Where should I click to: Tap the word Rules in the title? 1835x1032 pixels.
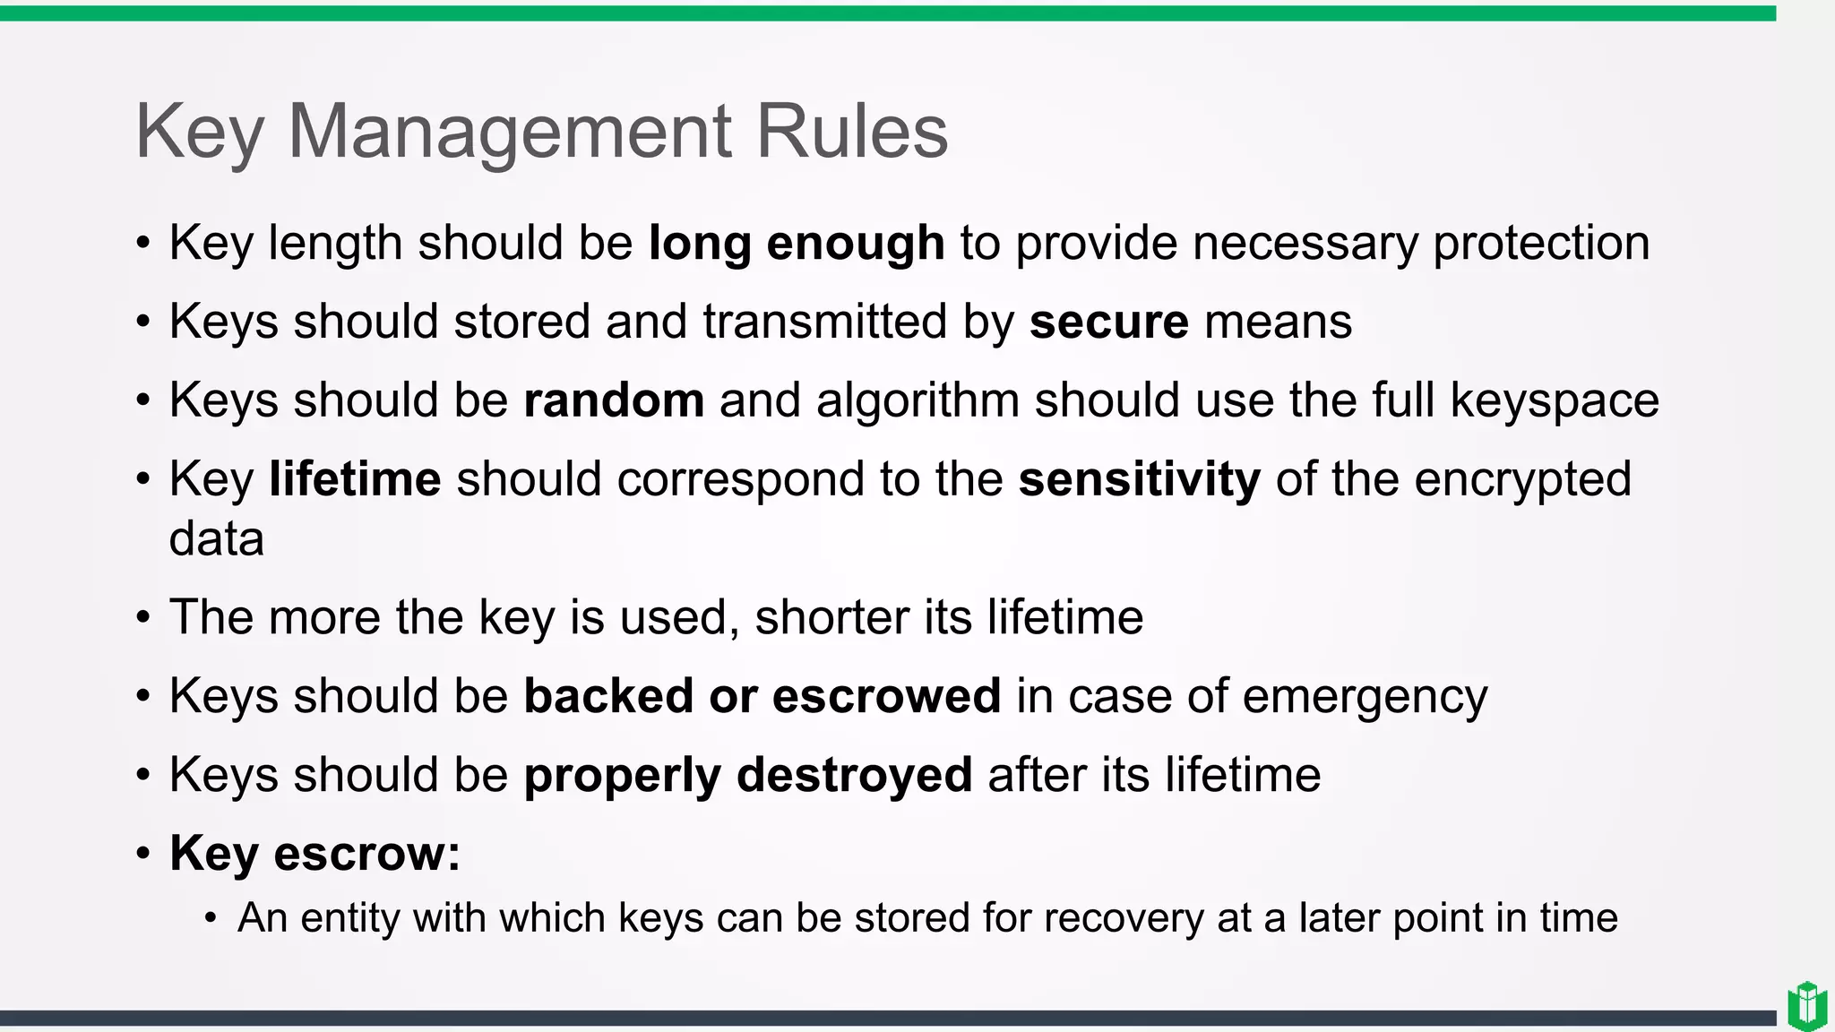pos(851,132)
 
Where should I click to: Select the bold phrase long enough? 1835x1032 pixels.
pos(797,243)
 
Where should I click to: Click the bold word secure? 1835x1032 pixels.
pos(1109,322)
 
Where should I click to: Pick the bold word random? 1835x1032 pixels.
pos(614,400)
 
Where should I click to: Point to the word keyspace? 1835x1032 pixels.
pos(1555,400)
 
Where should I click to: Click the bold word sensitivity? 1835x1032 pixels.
pos(1140,479)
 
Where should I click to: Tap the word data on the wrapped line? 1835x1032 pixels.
pos(217,538)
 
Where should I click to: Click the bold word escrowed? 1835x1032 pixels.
pos(886,696)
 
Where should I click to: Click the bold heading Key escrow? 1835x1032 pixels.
pos(314,853)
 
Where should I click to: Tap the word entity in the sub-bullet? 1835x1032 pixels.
pos(350,917)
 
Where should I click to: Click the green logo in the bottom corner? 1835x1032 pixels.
pos(1807,1006)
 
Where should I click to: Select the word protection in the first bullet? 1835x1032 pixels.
pos(1541,243)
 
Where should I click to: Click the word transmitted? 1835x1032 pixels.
pos(824,322)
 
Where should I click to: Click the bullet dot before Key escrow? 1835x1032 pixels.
pos(143,854)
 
